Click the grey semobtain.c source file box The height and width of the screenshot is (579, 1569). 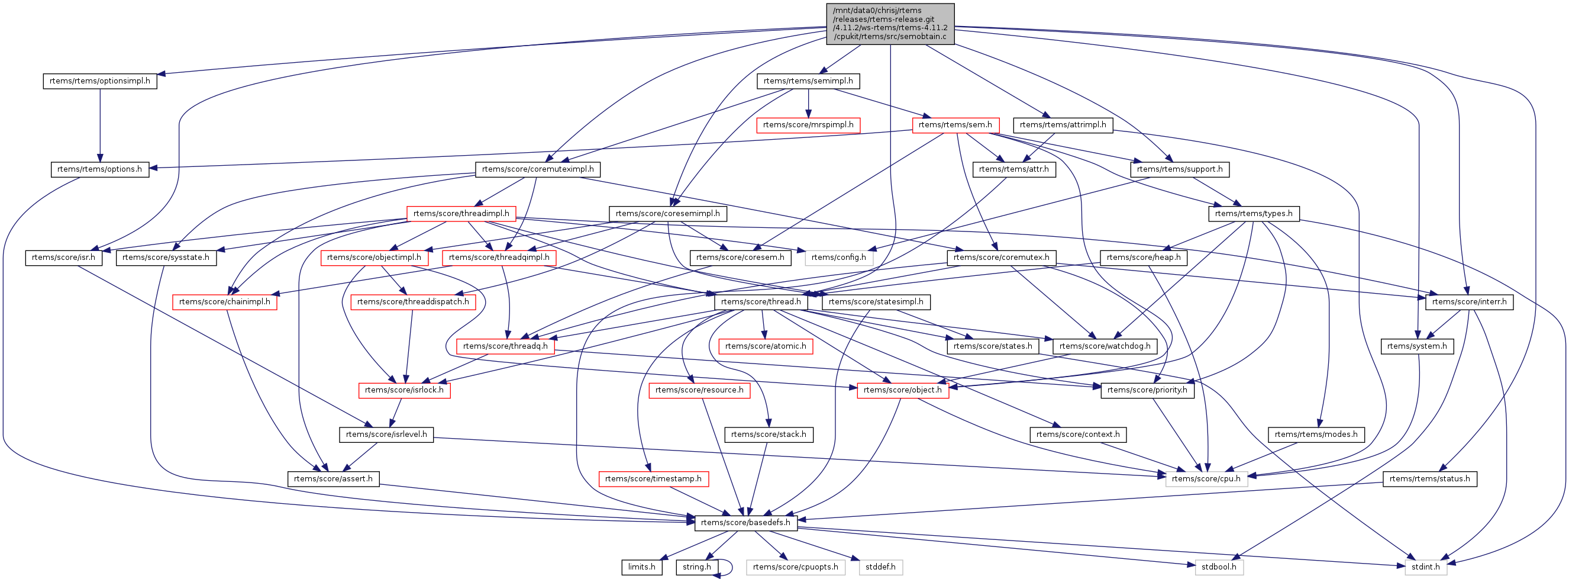pos(890,24)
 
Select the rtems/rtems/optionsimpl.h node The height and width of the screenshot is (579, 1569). pos(100,81)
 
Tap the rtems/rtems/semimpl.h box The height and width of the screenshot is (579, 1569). pos(808,81)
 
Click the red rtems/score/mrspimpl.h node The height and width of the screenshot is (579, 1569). pos(808,125)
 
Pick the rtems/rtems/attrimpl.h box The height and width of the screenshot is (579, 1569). pos(1062,125)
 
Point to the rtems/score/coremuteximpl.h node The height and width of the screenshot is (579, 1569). pos(537,169)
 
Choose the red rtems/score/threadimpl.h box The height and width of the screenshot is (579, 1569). pos(461,213)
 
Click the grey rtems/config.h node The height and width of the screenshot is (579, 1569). pos(838,258)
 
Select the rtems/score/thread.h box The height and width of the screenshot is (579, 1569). pos(761,302)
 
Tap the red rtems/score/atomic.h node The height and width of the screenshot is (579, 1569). pos(765,346)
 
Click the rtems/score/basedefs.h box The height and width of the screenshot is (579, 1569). pos(745,523)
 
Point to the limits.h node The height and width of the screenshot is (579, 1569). pos(641,567)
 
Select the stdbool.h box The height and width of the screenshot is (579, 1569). pos(1218,567)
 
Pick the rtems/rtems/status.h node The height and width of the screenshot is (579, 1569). pos(1429,479)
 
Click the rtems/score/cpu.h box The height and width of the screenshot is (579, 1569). pos(1205,479)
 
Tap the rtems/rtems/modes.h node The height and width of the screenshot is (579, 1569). pos(1316,435)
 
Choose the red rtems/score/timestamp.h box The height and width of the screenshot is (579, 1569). pos(653,479)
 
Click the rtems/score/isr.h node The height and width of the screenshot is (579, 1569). pos(63,258)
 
